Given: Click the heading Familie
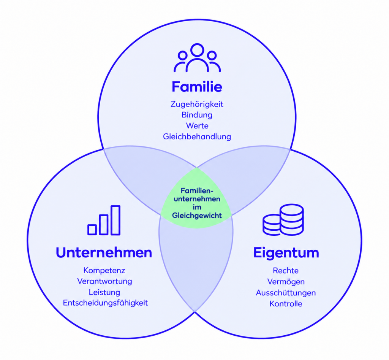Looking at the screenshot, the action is (x=197, y=87).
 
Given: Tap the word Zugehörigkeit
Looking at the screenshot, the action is (x=197, y=104).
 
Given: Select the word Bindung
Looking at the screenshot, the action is (x=197, y=115).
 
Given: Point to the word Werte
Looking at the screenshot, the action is (x=197, y=125).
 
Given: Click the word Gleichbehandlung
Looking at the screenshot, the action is (x=197, y=136).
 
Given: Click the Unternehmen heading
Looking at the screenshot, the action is (x=104, y=253).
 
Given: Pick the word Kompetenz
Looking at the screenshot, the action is (x=104, y=270).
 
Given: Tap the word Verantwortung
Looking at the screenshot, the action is (x=104, y=281).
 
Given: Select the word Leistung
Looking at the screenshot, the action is (x=104, y=292).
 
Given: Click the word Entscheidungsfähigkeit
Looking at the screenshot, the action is (x=105, y=303).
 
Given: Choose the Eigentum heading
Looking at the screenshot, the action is (x=286, y=253).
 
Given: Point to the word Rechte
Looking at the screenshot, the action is (x=286, y=271).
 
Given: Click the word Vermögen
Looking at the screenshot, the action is (x=286, y=282).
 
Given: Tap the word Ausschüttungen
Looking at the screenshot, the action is (x=286, y=293).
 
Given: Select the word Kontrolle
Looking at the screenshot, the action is (x=286, y=304).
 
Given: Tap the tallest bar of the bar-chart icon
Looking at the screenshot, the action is (x=115, y=220).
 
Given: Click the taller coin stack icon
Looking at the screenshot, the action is (x=292, y=219).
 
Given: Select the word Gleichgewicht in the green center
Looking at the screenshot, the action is (x=197, y=215).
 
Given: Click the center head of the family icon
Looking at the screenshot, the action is (x=197, y=50).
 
